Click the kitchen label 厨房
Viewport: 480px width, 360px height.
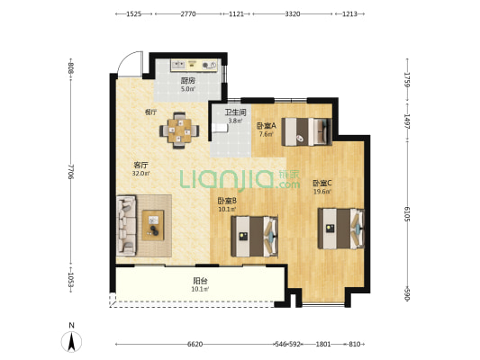(x=188, y=81)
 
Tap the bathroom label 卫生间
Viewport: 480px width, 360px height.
(x=235, y=112)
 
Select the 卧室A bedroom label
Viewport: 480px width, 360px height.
(x=267, y=125)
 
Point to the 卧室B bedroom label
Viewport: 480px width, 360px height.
(x=227, y=201)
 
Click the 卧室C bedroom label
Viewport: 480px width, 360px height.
(x=322, y=184)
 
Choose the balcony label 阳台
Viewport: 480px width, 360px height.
(x=201, y=281)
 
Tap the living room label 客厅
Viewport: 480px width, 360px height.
(x=140, y=166)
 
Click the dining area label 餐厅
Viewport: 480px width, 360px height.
(x=150, y=112)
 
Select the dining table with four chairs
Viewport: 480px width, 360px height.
(x=179, y=130)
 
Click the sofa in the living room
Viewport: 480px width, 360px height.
(x=126, y=226)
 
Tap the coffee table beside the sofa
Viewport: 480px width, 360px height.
(x=153, y=225)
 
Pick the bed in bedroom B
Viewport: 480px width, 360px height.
(x=254, y=237)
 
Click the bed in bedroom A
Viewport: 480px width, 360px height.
(x=307, y=131)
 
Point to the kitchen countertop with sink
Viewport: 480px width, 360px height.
(x=194, y=65)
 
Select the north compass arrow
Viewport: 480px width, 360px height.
(x=72, y=342)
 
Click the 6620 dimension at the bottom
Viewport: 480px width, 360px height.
(x=195, y=345)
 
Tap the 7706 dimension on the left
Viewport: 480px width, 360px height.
(x=71, y=172)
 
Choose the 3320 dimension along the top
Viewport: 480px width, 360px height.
(x=293, y=14)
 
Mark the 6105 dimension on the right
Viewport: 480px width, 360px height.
(x=407, y=213)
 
